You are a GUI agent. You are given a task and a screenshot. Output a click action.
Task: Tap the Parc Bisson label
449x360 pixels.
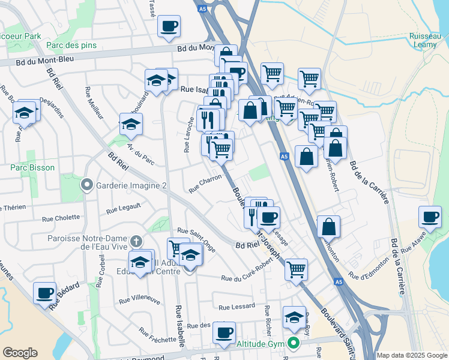pyautogui.click(x=32, y=168)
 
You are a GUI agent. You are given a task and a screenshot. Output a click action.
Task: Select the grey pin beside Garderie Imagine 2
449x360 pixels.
pyautogui.click(x=88, y=185)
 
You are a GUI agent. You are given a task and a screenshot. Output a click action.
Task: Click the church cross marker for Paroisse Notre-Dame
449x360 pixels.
pyautogui.click(x=136, y=241)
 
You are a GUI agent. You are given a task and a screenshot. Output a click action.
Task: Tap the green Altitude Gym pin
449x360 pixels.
pyautogui.click(x=294, y=344)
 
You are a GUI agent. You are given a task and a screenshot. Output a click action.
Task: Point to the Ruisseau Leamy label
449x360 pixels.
pyautogui.click(x=427, y=40)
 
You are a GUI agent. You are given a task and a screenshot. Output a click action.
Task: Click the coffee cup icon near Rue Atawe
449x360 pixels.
pyautogui.click(x=430, y=217)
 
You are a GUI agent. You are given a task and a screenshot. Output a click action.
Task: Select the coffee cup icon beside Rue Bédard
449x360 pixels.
pyautogui.click(x=44, y=293)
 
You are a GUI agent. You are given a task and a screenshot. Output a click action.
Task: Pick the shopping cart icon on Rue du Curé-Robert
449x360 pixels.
pyautogui.click(x=297, y=269)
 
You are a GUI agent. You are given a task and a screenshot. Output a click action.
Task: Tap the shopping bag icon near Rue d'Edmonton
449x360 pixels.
pyautogui.click(x=328, y=227)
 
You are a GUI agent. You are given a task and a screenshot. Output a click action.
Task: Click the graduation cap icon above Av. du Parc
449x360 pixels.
pyautogui.click(x=131, y=124)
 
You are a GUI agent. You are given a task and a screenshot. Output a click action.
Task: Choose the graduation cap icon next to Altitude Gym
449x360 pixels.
pyautogui.click(x=294, y=317)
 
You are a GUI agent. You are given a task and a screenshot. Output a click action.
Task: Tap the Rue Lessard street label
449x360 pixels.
pyautogui.click(x=237, y=307)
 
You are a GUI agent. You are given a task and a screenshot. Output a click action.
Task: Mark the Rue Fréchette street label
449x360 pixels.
pyautogui.click(x=157, y=336)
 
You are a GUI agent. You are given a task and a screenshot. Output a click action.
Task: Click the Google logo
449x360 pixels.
pyautogui.click(x=20, y=352)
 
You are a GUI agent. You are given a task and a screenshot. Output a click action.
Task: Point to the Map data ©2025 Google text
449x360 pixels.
pyautogui.click(x=412, y=355)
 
